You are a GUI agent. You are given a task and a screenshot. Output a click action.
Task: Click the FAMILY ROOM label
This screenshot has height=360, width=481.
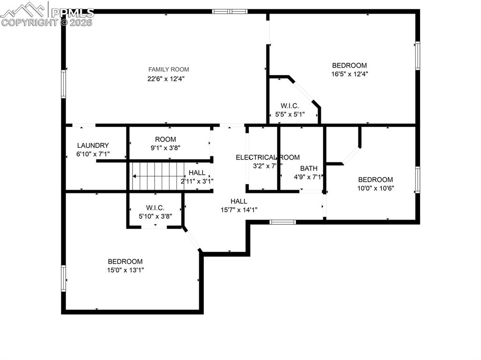pyautogui.click(x=169, y=69)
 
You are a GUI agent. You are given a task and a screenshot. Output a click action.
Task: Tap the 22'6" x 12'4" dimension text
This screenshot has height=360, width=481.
pyautogui.click(x=165, y=79)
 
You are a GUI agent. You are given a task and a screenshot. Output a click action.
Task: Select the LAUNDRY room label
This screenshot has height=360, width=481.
pyautogui.click(x=93, y=146)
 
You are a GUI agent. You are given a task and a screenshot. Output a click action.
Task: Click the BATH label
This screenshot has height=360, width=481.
pyautogui.click(x=309, y=169)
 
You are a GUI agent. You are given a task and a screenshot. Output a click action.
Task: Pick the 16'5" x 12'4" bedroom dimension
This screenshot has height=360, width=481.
pyautogui.click(x=349, y=74)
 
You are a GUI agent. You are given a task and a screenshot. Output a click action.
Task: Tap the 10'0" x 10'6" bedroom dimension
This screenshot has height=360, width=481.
pyautogui.click(x=375, y=188)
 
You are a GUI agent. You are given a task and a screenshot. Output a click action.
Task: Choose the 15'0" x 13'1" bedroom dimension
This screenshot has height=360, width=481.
pyautogui.click(x=125, y=270)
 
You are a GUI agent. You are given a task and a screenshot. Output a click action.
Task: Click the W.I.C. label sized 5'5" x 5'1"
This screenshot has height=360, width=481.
pyautogui.click(x=290, y=106)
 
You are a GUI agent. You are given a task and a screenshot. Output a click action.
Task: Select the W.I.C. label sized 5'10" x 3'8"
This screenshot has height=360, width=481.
pyautogui.click(x=155, y=207)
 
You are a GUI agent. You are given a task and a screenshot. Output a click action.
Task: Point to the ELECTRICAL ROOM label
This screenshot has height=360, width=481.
pyautogui.click(x=267, y=157)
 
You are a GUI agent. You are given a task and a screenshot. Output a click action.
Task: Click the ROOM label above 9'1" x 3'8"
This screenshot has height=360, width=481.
pyautogui.click(x=165, y=139)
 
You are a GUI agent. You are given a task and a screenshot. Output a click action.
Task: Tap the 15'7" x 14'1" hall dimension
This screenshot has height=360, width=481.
pyautogui.click(x=239, y=210)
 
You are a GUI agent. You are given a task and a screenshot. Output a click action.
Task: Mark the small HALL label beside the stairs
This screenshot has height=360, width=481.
pyautogui.click(x=197, y=173)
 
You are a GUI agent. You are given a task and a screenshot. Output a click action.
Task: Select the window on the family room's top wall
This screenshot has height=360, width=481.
pyautogui.click(x=230, y=11)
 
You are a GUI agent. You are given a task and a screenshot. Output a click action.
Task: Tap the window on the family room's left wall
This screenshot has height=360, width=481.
pyautogui.click(x=63, y=84)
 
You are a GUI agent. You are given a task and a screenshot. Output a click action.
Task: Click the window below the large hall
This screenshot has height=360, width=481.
pyautogui.click(x=282, y=222)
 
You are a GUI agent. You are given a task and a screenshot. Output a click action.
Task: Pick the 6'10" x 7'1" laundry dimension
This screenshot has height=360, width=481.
pyautogui.click(x=93, y=154)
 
